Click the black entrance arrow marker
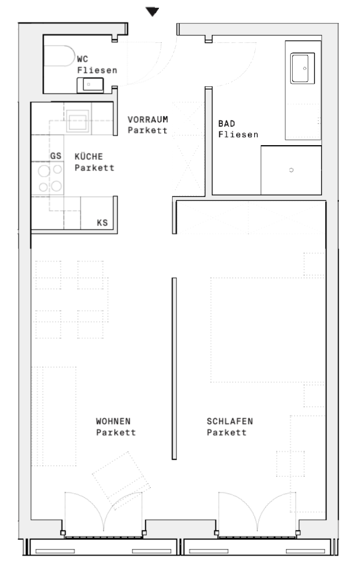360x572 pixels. [x=152, y=11]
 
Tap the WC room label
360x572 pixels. [x=83, y=59]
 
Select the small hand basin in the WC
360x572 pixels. [x=90, y=85]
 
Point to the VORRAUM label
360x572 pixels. [x=148, y=119]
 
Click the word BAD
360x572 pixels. [x=227, y=123]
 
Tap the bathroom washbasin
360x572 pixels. [x=302, y=68]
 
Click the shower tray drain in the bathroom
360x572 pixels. [x=291, y=170]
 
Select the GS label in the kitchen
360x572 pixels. [x=56, y=156]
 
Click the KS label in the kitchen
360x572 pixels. [x=102, y=222]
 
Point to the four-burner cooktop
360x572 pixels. [x=48, y=178]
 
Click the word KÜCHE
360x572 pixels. [x=88, y=156]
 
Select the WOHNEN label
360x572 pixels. [x=113, y=421]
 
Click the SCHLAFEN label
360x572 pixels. [x=230, y=421]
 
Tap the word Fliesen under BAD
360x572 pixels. [x=238, y=134]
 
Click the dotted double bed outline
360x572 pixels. [x=267, y=330]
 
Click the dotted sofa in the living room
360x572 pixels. [x=54, y=416]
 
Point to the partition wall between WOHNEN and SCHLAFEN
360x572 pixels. [x=174, y=369]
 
